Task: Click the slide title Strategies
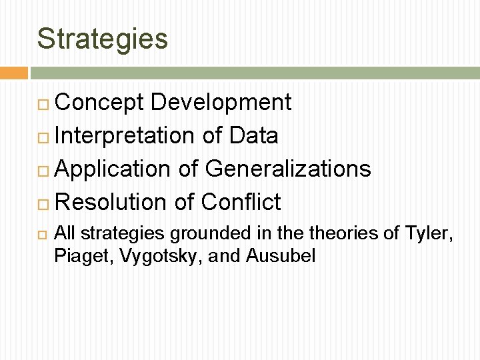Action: (103, 39)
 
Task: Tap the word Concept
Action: (99, 103)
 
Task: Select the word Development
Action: (221, 103)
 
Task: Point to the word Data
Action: (253, 136)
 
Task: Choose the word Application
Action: (113, 169)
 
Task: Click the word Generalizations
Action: (287, 169)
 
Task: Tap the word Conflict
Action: (240, 201)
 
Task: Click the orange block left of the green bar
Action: (13, 73)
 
